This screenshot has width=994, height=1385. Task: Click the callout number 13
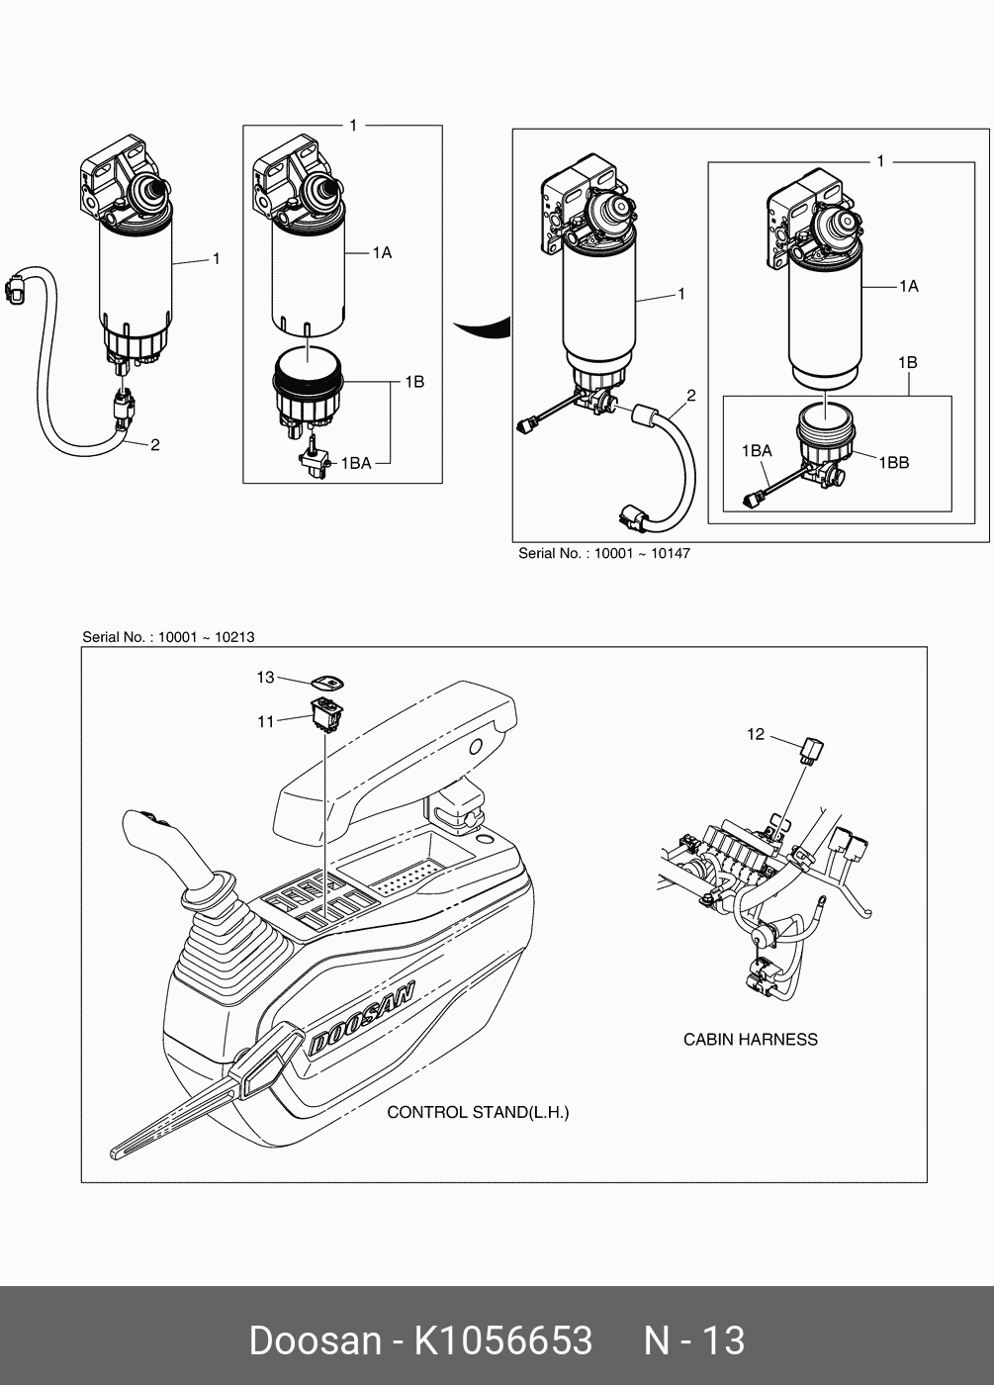click(x=265, y=678)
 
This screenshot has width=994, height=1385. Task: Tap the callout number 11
click(x=265, y=722)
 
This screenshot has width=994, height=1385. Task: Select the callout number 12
click(x=756, y=734)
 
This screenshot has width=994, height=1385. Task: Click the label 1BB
click(x=893, y=462)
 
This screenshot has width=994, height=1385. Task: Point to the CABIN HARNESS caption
click(x=750, y=1039)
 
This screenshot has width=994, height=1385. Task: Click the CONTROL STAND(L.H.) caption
click(x=477, y=1112)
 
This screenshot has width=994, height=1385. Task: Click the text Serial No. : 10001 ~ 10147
click(x=603, y=553)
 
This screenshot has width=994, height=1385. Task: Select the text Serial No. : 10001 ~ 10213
click(x=168, y=637)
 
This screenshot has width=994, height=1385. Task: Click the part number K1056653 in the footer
click(x=502, y=1340)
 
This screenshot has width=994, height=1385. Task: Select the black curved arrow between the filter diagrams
click(x=482, y=327)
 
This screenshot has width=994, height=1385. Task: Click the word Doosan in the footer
click(x=315, y=1340)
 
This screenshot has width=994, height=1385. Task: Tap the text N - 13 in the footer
click(x=693, y=1340)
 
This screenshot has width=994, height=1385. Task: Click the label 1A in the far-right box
click(x=908, y=286)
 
